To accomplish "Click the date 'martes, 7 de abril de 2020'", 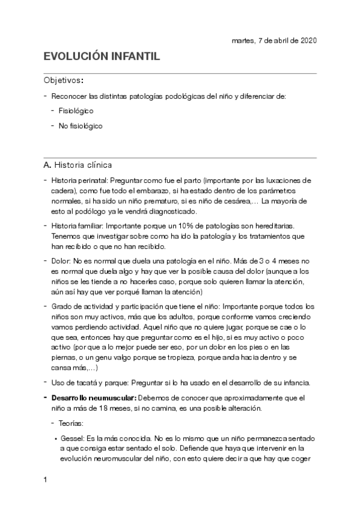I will click(274, 40).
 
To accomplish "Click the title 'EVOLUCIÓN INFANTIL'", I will click(102, 57).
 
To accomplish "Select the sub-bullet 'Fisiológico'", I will click(76, 111).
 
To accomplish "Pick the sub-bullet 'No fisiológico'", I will click(81, 126).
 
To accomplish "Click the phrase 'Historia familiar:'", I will click(78, 226).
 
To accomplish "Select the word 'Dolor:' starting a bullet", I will click(61, 261).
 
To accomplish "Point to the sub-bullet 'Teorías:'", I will click(73, 423).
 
